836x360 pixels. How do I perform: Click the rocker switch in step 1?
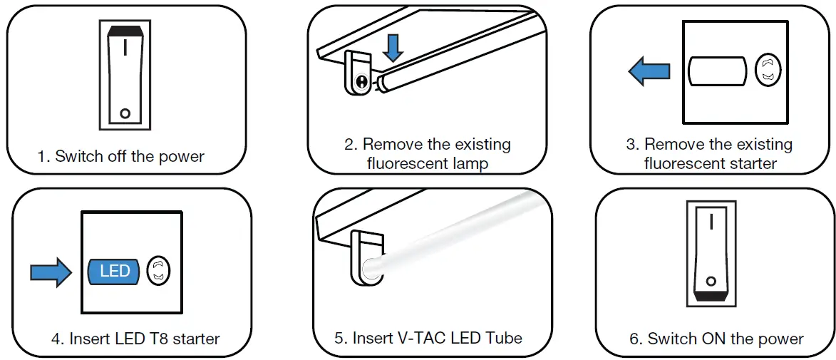click(x=125, y=75)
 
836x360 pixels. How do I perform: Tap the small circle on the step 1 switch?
click(x=125, y=113)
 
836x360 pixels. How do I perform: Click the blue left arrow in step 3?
click(x=649, y=71)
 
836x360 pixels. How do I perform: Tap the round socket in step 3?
click(x=768, y=71)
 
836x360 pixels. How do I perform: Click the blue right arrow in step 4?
click(x=51, y=272)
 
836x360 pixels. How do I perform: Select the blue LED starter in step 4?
click(x=114, y=272)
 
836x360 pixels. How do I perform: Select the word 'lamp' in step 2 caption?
click(x=469, y=163)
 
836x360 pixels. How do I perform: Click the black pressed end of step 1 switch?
click(x=125, y=31)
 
